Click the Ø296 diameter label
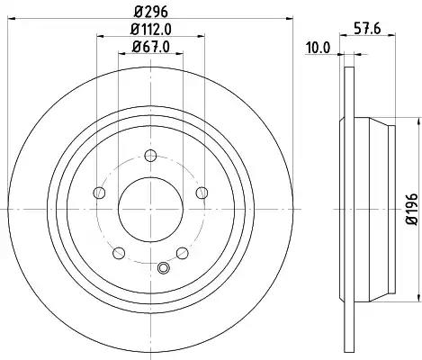point(151,12)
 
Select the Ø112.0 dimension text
point(151,29)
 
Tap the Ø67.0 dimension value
point(151,47)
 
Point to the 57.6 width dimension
point(367,29)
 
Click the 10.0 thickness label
point(318,48)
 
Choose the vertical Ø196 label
point(412,209)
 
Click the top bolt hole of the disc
point(150,156)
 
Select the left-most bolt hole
point(99,193)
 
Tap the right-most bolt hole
point(202,193)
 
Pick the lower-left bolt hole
point(119,253)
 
